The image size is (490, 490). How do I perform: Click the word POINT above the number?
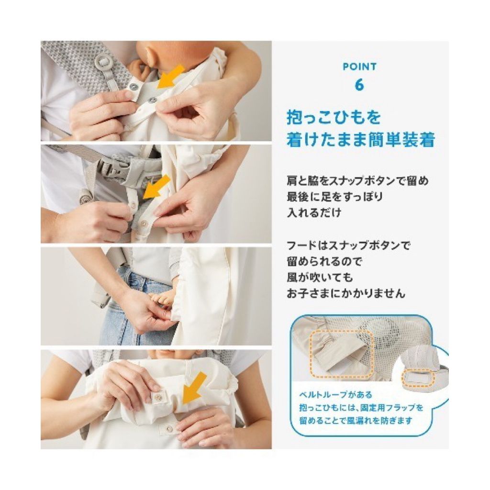pyautogui.click(x=360, y=67)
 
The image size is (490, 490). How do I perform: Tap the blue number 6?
pyautogui.click(x=359, y=85)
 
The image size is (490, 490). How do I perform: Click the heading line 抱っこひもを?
pyautogui.click(x=334, y=118)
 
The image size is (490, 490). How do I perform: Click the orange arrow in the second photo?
pyautogui.click(x=156, y=187)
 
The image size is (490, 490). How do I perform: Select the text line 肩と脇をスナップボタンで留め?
pyautogui.click(x=357, y=181)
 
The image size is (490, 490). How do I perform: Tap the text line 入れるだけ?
pyautogui.click(x=314, y=213)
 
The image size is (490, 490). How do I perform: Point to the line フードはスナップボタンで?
pyautogui.click(x=348, y=245)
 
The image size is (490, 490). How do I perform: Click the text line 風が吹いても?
pyautogui.click(x=320, y=278)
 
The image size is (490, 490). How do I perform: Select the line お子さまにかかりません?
pyautogui.click(x=346, y=293)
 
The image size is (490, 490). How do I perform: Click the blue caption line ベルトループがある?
pyautogui.click(x=335, y=395)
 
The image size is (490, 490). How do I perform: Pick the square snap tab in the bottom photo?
pyautogui.click(x=157, y=397)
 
